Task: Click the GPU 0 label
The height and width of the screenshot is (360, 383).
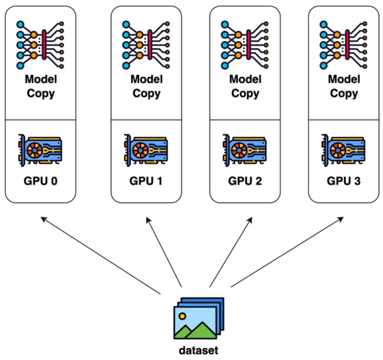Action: (x=40, y=182)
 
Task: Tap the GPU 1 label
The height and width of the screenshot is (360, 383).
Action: (x=146, y=182)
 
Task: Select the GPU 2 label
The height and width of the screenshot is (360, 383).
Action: (x=245, y=182)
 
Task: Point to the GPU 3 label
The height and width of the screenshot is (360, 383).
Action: (x=344, y=182)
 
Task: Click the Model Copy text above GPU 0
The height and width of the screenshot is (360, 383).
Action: (x=40, y=86)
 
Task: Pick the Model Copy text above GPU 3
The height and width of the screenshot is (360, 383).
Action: (x=344, y=86)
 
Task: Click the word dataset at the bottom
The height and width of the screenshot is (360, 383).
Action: (x=199, y=350)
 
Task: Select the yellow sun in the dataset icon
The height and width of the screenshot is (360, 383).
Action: (x=182, y=316)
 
